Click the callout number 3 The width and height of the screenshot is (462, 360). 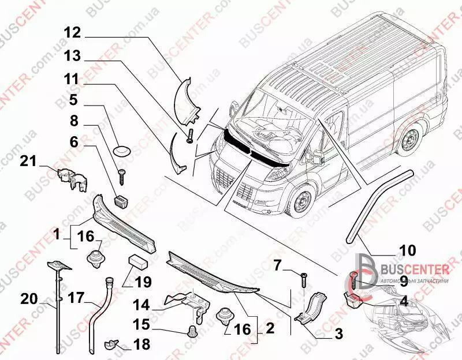tap(338, 333)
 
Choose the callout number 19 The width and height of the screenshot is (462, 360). tap(142, 282)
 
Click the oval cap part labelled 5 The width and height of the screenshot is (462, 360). tap(122, 151)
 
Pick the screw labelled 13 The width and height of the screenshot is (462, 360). tap(189, 136)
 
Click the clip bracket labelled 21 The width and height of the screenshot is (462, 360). tap(71, 177)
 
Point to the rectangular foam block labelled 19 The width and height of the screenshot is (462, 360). tap(139, 260)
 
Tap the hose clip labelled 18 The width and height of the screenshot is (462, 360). tap(111, 345)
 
